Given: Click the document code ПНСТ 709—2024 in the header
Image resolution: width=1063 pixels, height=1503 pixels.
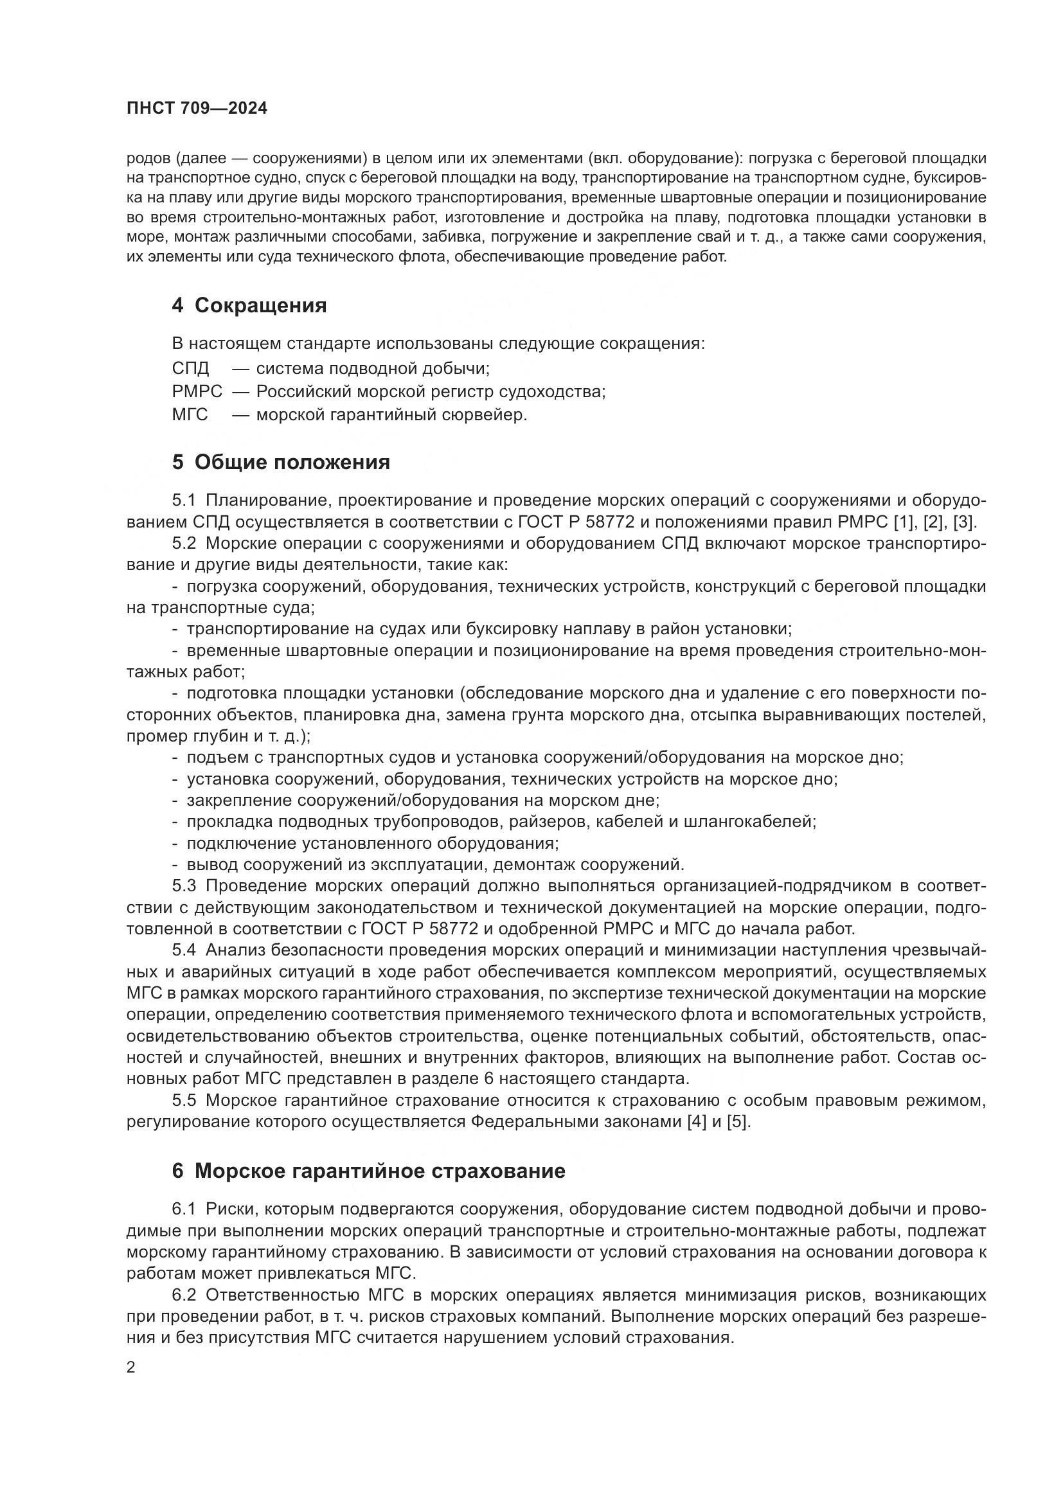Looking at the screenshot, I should tap(197, 109).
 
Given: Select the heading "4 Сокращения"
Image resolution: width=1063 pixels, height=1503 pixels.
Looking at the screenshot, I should tap(249, 306).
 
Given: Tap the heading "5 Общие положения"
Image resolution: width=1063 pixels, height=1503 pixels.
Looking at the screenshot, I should tap(281, 462).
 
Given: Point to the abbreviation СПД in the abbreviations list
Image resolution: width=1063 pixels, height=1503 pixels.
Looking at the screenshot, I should tap(190, 369).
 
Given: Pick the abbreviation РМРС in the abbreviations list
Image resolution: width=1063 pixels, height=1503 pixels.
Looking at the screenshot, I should tap(197, 391).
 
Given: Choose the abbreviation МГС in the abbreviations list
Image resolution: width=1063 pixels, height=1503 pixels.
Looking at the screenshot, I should tap(190, 414).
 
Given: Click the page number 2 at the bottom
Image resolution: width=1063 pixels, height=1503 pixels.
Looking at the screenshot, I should tap(131, 1367).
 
